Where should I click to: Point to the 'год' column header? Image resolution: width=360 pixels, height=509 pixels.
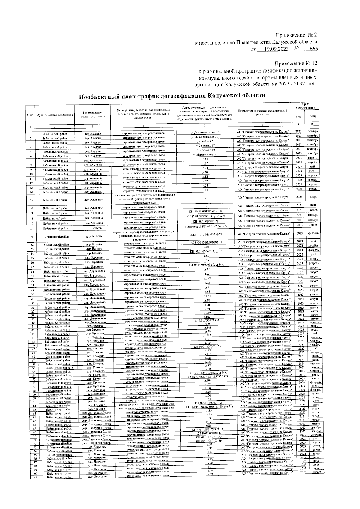[x=298, y=116]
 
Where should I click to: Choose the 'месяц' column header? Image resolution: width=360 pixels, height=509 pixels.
[x=312, y=116]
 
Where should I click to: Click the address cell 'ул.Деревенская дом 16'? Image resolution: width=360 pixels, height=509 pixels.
[x=205, y=132]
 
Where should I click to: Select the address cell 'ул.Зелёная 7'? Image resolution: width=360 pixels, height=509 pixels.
[x=205, y=141]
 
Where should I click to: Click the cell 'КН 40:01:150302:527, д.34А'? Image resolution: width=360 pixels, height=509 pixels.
[x=208, y=373]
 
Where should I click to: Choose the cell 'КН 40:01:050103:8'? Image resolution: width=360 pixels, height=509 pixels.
[x=209, y=433]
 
